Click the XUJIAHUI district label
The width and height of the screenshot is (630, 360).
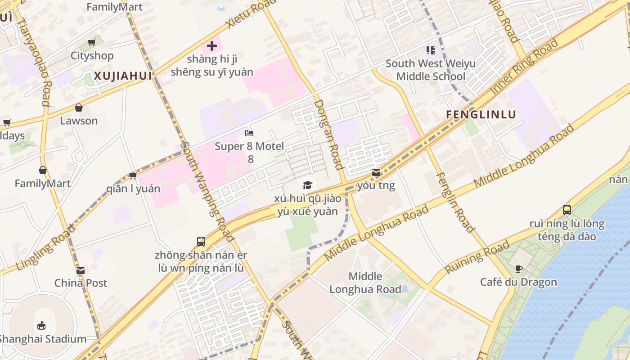pos(122,76)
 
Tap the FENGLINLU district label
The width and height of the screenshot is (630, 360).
pos(481,114)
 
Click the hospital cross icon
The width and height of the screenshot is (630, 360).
pos(212,46)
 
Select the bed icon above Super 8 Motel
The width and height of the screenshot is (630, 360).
pos(249,133)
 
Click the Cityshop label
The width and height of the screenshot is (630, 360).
pos(92,56)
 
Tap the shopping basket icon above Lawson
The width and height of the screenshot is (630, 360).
pos(79,108)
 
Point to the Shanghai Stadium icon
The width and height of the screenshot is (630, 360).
pos(41,325)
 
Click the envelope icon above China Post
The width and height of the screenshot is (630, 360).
pos(81,270)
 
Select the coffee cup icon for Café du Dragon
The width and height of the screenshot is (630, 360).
pos(518,269)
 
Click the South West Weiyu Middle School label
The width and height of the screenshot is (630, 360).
pos(430,70)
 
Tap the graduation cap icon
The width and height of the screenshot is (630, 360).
pos(307,185)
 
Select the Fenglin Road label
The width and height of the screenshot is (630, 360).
pos(455,202)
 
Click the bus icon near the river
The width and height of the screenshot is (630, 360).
pos(567,210)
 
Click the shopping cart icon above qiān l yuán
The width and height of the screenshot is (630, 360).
pos(133,175)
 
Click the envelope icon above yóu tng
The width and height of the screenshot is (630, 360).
pos(376,172)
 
